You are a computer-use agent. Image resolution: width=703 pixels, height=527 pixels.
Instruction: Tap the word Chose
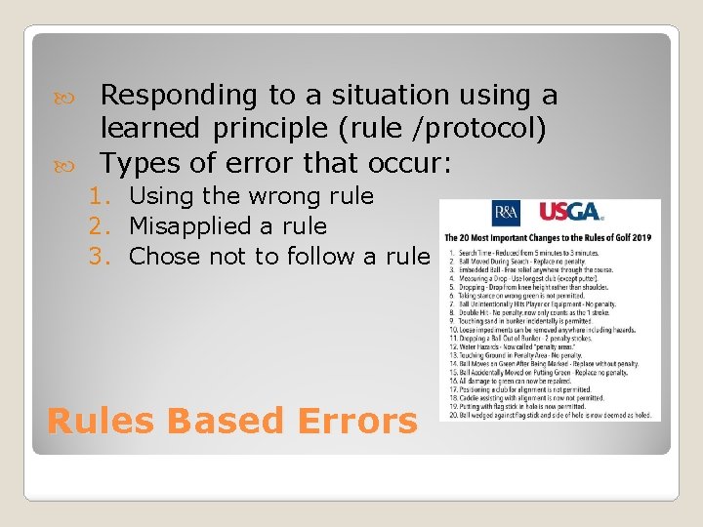tap(159, 257)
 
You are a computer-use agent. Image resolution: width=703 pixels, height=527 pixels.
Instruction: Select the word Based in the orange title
tap(218, 421)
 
